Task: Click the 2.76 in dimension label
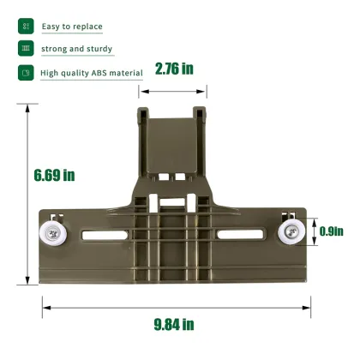pyautogui.click(x=174, y=69)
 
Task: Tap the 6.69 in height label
pyautogui.click(x=54, y=175)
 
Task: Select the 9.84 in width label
pyautogui.click(x=174, y=324)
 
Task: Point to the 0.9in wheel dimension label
pyautogui.click(x=332, y=231)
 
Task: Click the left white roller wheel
pyautogui.click(x=53, y=235)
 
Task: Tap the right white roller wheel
pyautogui.click(x=291, y=231)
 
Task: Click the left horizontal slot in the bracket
pyautogui.click(x=105, y=235)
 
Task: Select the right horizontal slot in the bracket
pyautogui.click(x=240, y=234)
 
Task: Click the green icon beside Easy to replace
pyautogui.click(x=26, y=27)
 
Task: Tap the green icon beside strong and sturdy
pyautogui.click(x=26, y=48)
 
